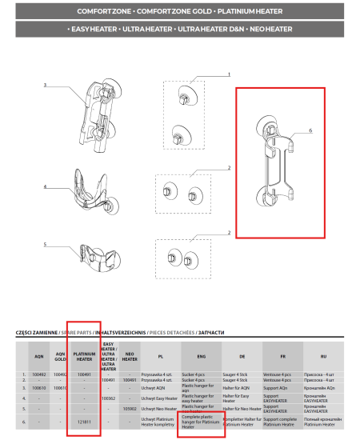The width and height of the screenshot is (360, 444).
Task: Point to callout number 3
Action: pos(45,85)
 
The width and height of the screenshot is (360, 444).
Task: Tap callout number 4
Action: pos(45,186)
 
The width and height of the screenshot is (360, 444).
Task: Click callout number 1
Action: pos(228,74)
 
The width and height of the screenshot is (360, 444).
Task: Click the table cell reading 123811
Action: pos(83,422)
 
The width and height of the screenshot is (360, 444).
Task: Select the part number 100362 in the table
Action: pos(110,397)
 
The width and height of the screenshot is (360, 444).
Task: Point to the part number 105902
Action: pos(131,408)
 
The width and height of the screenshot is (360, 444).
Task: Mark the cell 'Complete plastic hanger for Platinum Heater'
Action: pos(198,422)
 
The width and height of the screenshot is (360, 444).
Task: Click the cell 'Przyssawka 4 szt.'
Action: pos(160,374)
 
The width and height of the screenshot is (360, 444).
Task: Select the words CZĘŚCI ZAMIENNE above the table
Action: pos(37,331)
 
